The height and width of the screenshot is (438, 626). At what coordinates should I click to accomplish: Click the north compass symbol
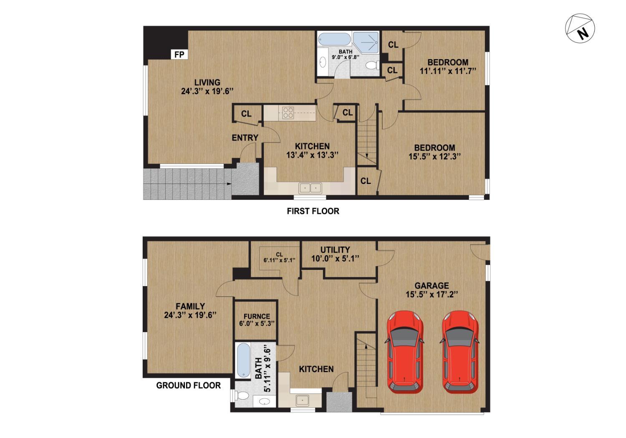[x=580, y=29]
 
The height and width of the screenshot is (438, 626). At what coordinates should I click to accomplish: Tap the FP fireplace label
[x=179, y=55]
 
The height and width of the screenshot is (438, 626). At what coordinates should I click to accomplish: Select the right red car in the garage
[x=460, y=352]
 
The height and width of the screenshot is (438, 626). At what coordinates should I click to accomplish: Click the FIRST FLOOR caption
[x=313, y=211]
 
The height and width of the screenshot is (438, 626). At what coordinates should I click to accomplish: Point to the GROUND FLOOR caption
[x=188, y=385]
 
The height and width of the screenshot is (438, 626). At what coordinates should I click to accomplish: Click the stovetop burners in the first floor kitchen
[x=288, y=113]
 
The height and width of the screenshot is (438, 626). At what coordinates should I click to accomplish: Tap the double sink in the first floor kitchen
[x=310, y=188]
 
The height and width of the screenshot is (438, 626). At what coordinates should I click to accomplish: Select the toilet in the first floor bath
[x=371, y=65]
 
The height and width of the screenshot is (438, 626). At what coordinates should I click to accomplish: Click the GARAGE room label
[x=432, y=286]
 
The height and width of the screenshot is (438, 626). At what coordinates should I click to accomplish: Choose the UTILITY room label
[x=335, y=250]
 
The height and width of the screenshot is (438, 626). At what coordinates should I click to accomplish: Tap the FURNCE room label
[x=257, y=316]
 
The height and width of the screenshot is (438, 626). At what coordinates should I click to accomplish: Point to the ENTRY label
[x=245, y=138]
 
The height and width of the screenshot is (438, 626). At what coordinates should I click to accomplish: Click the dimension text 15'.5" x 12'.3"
[x=434, y=157]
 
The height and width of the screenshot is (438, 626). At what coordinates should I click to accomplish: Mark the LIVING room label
[x=207, y=82]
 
